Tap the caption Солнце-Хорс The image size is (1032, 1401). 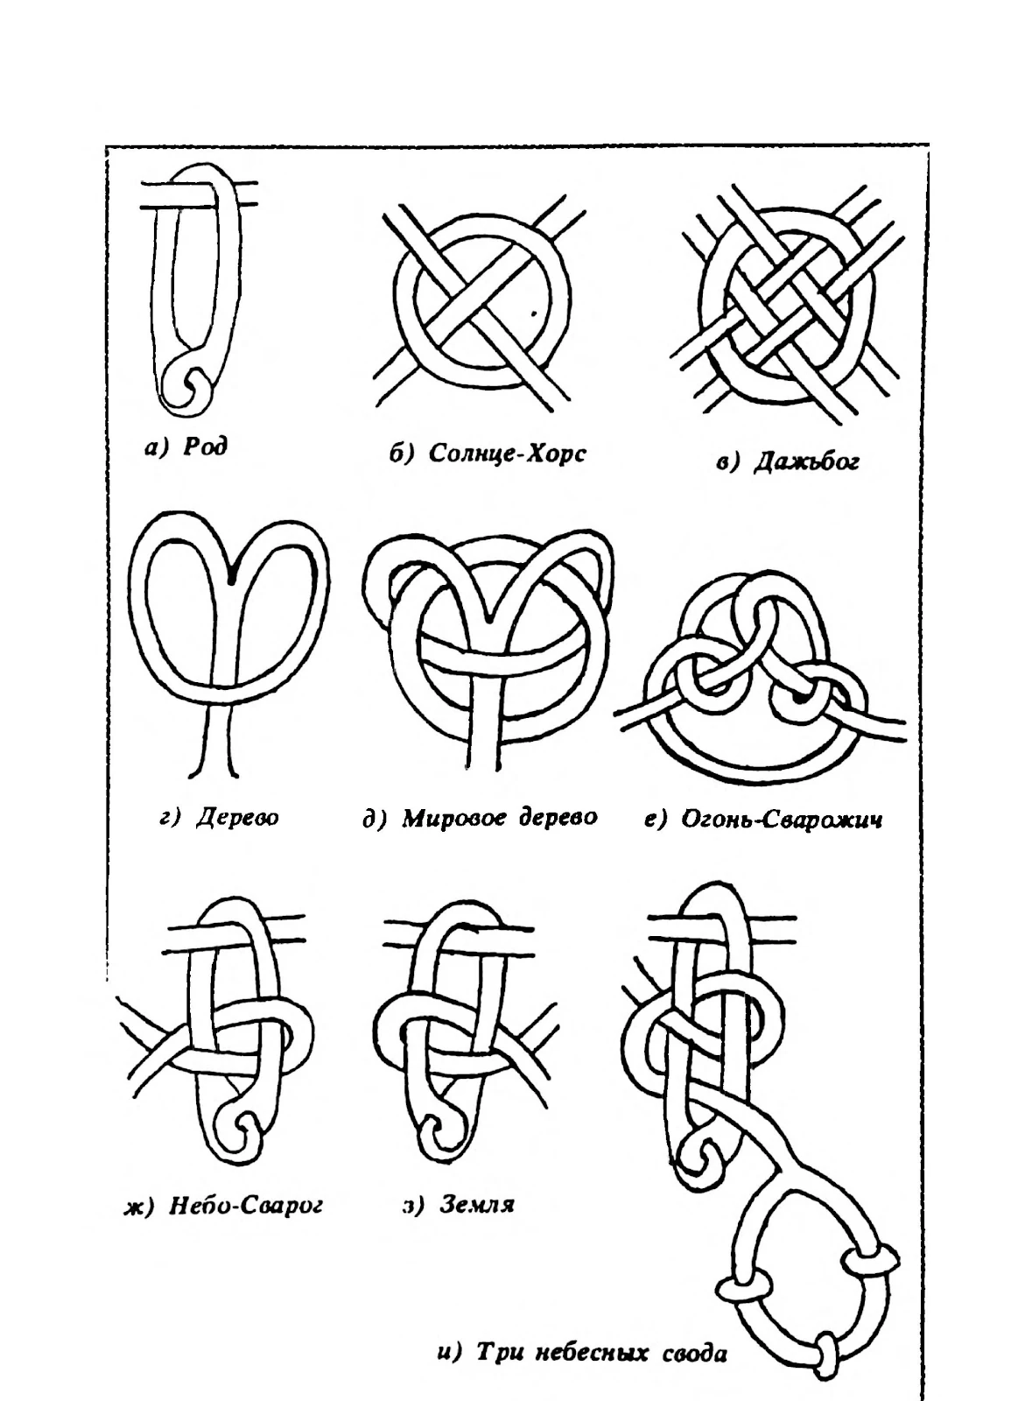508,454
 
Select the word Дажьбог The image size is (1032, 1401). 806,463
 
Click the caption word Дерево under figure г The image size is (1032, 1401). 237,818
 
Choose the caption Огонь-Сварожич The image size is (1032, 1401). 782,819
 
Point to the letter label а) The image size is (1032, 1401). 157,447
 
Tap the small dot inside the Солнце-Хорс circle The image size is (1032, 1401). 533,314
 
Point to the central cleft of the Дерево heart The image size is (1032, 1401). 232,579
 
